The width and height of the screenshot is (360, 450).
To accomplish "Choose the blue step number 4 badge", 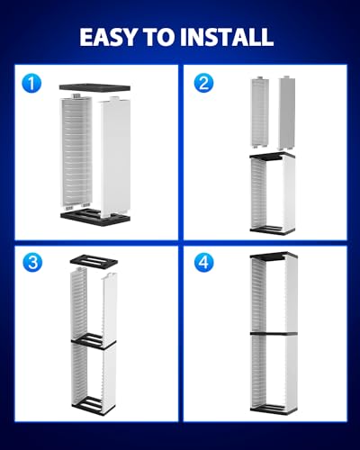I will click(205, 263).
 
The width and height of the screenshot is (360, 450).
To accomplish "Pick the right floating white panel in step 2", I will click(289, 112).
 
